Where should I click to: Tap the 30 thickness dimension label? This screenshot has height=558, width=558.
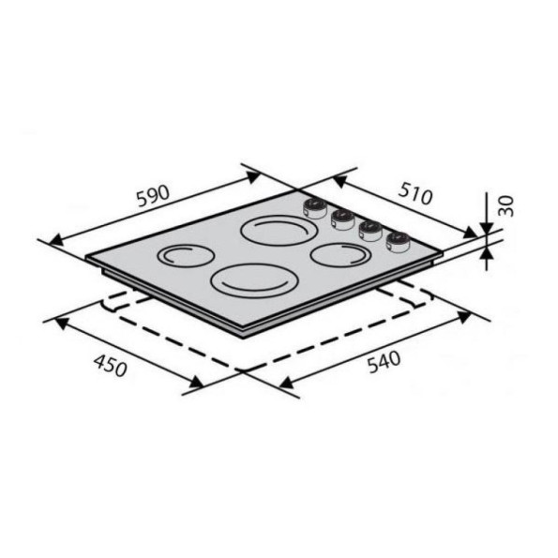coord(505,205)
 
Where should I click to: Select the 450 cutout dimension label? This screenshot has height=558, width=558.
coord(110,366)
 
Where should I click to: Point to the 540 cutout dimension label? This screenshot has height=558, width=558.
coord(384,362)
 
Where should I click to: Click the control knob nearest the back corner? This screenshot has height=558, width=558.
coord(315,207)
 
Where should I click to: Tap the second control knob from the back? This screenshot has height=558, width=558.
coord(342,219)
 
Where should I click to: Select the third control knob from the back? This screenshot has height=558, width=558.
coord(370,230)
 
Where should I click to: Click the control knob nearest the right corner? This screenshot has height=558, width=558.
coord(397,241)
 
